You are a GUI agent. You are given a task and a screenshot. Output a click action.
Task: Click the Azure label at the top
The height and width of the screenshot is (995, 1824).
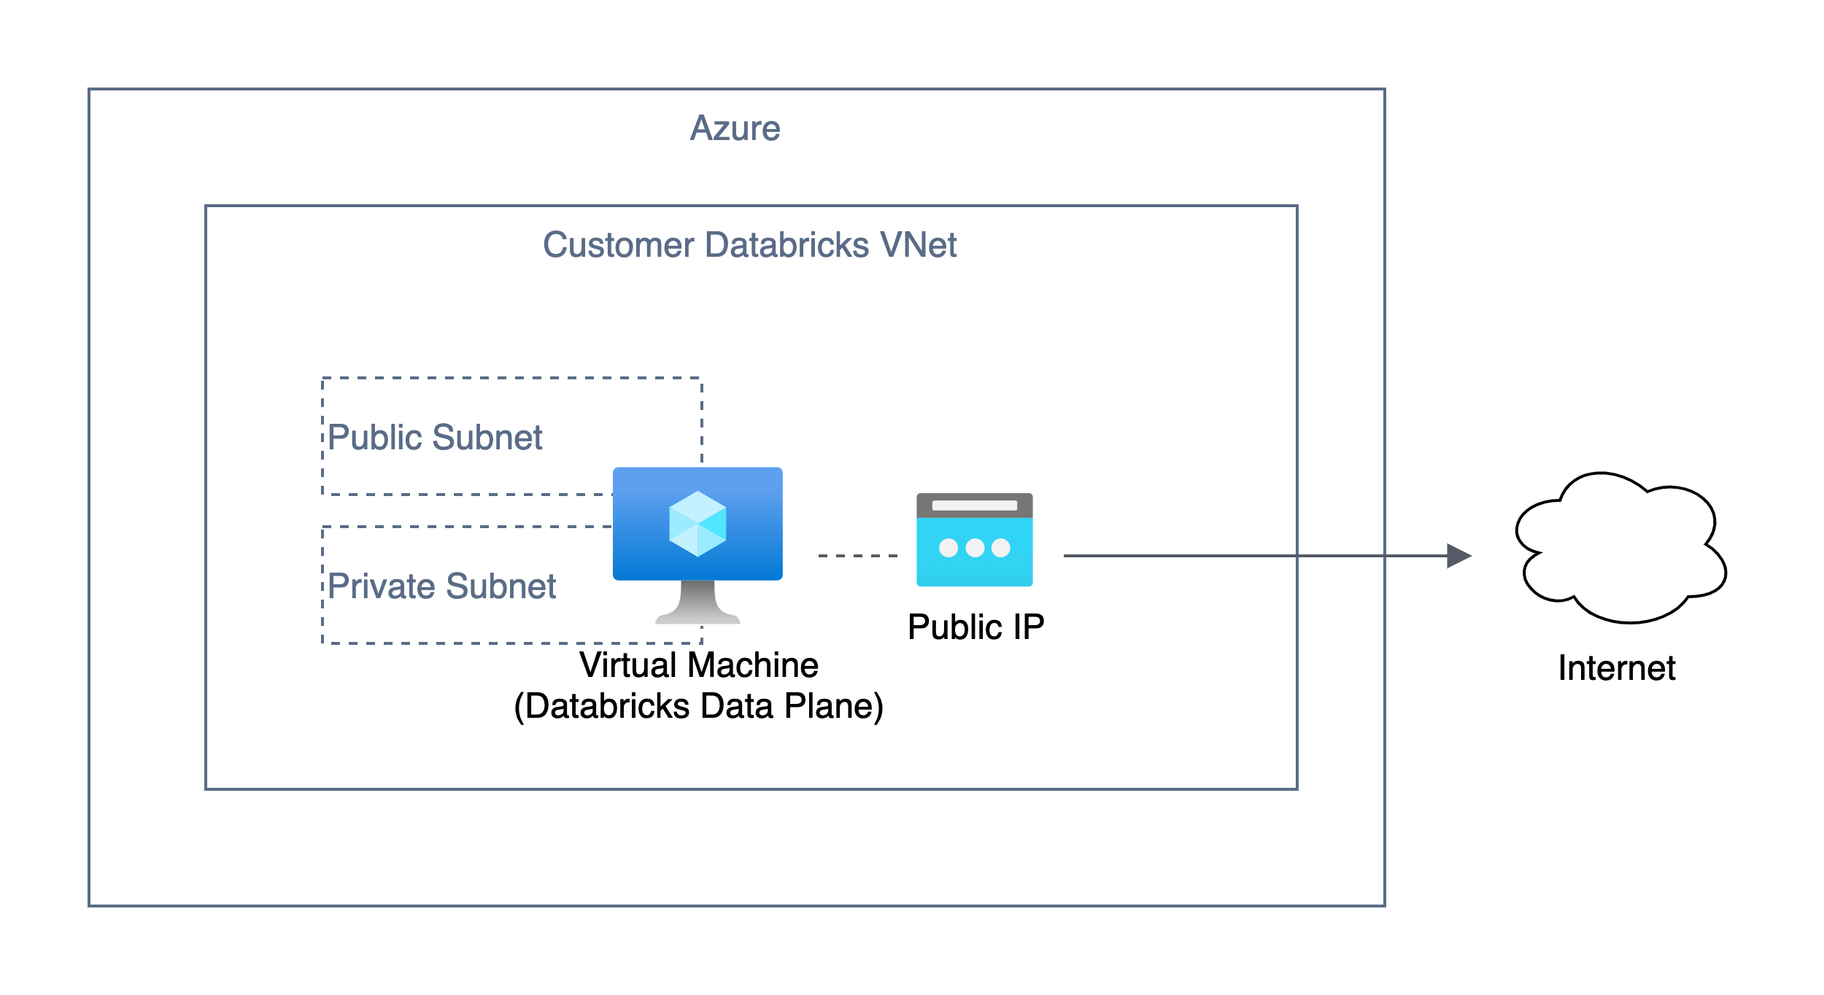click(x=735, y=128)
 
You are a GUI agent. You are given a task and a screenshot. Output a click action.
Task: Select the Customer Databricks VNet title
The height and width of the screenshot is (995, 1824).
click(x=749, y=245)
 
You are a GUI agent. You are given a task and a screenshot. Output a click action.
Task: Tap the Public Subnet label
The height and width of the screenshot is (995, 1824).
click(x=435, y=438)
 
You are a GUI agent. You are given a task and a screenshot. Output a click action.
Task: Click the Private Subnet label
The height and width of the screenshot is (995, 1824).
click(x=441, y=586)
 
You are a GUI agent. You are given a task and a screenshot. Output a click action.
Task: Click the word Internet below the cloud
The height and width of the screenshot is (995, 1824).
click(x=1617, y=668)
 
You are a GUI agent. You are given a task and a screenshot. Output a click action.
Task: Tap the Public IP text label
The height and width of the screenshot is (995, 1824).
click(x=975, y=627)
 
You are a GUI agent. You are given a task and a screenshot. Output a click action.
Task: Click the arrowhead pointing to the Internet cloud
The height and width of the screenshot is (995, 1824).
click(x=1458, y=556)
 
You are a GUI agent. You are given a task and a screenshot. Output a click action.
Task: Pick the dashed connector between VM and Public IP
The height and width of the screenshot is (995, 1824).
click(x=858, y=556)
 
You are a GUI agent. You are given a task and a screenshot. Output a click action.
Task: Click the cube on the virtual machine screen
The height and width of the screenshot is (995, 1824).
click(x=697, y=524)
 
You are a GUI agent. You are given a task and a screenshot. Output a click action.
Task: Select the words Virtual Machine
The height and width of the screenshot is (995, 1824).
click(x=698, y=665)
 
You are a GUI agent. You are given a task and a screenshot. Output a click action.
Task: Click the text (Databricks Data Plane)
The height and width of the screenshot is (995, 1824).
click(x=698, y=706)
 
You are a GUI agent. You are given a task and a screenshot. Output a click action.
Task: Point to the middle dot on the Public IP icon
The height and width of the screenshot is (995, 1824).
click(x=975, y=548)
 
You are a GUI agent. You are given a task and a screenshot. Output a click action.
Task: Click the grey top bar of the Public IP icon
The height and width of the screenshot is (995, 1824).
click(x=974, y=505)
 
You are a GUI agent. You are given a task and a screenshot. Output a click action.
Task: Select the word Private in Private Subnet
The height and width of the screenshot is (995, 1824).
click(x=382, y=586)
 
